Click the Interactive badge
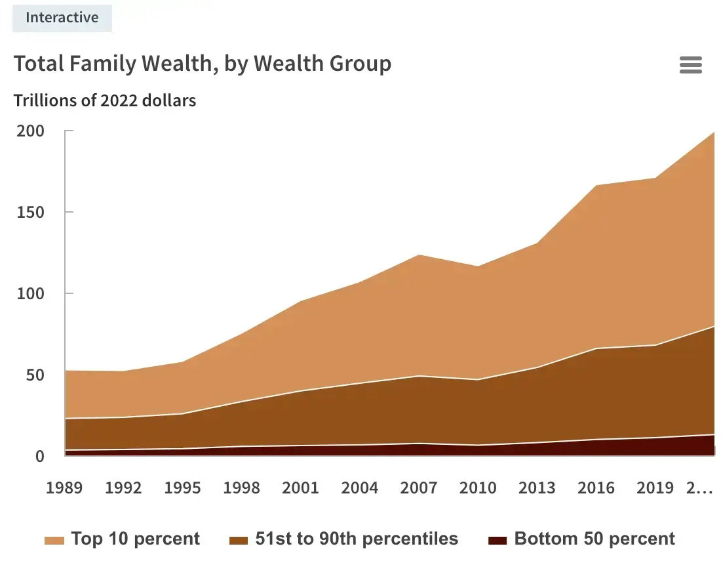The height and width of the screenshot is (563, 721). pyautogui.click(x=62, y=18)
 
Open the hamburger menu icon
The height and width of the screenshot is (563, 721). pyautogui.click(x=691, y=65)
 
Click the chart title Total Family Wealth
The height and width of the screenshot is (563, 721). pyautogui.click(x=203, y=64)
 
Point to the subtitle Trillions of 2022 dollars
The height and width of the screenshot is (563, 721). pyautogui.click(x=105, y=100)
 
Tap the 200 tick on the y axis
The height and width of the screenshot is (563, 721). pyautogui.click(x=30, y=131)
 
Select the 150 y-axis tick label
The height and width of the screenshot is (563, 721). pyautogui.click(x=30, y=212)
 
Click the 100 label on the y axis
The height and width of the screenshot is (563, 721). pyautogui.click(x=30, y=293)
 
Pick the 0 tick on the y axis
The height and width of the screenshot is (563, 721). pyautogui.click(x=39, y=456)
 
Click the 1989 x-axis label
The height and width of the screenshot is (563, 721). pyautogui.click(x=64, y=488)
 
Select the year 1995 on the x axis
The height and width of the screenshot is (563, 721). pyautogui.click(x=182, y=488)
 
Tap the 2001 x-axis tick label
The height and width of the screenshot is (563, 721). pyautogui.click(x=300, y=488)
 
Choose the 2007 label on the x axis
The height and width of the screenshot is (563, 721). pyautogui.click(x=419, y=488)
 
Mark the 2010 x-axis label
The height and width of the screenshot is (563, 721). pyautogui.click(x=478, y=488)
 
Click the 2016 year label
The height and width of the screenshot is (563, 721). pyautogui.click(x=596, y=488)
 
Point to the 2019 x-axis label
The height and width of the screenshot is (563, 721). pyautogui.click(x=655, y=488)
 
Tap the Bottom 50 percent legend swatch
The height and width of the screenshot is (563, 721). pyautogui.click(x=498, y=540)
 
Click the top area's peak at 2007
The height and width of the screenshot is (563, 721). pyautogui.click(x=419, y=255)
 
